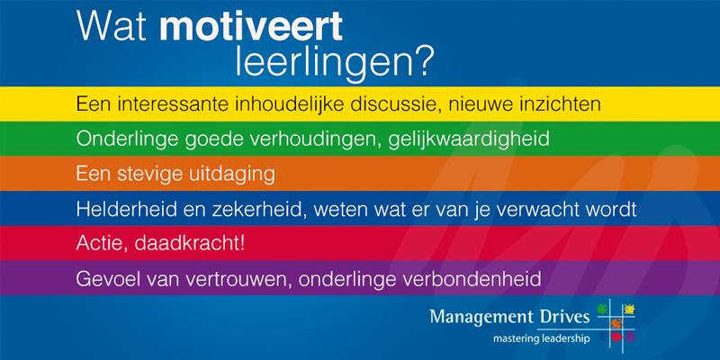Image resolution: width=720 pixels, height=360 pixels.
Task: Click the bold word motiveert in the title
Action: tap(251, 27)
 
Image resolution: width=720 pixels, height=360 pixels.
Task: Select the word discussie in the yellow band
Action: tap(394, 103)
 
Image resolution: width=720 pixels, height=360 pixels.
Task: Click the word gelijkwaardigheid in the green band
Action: tap(469, 139)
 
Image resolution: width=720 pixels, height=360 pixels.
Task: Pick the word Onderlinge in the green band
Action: tap(121, 139)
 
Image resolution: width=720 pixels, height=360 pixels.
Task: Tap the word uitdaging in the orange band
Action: tap(233, 175)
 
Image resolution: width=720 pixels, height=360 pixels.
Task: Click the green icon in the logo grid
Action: tap(601, 309)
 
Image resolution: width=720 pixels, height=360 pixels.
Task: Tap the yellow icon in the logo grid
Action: tap(629, 310)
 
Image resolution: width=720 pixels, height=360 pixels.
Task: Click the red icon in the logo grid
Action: tap(616, 337)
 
